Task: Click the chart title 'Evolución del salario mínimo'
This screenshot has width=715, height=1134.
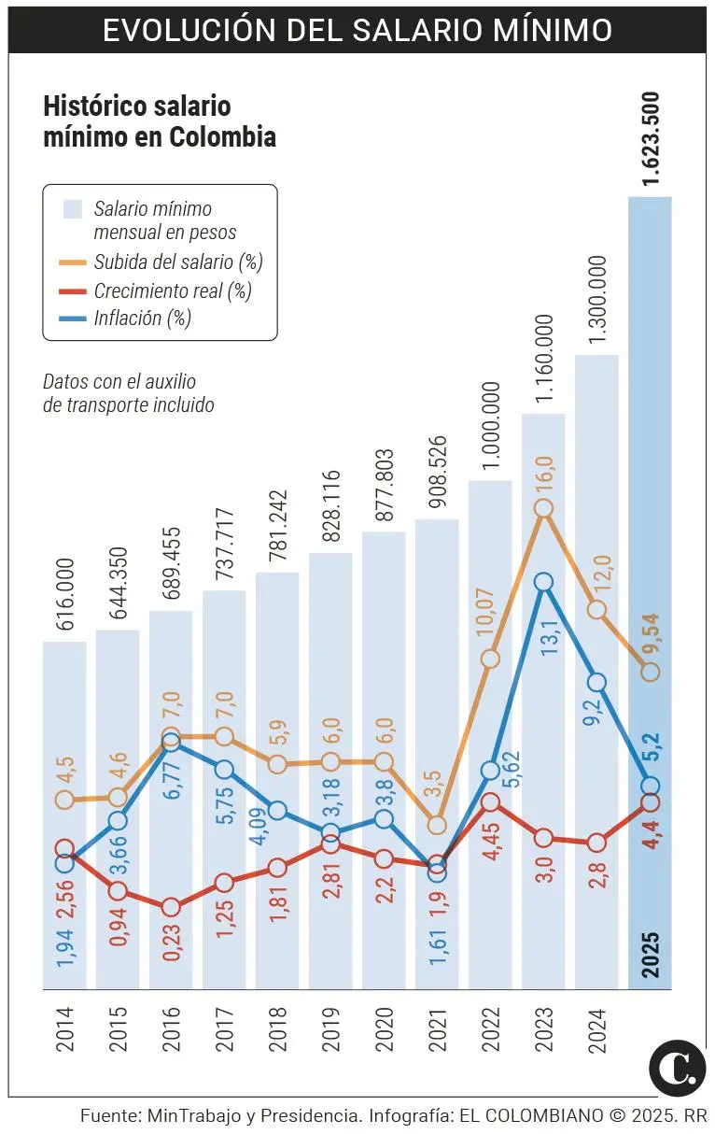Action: click(357, 29)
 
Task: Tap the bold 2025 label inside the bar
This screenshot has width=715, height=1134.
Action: click(651, 952)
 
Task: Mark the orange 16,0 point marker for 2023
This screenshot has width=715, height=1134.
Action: click(544, 509)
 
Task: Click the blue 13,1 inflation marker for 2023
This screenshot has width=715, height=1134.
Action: click(544, 582)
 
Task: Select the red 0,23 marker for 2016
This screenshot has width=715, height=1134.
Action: click(171, 907)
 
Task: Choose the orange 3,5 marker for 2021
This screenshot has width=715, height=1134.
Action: click(437, 825)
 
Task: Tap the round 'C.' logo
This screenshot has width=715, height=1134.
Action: click(677, 1068)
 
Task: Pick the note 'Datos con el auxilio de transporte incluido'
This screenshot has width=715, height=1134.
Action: click(129, 393)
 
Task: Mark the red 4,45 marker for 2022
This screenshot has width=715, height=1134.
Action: click(490, 801)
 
